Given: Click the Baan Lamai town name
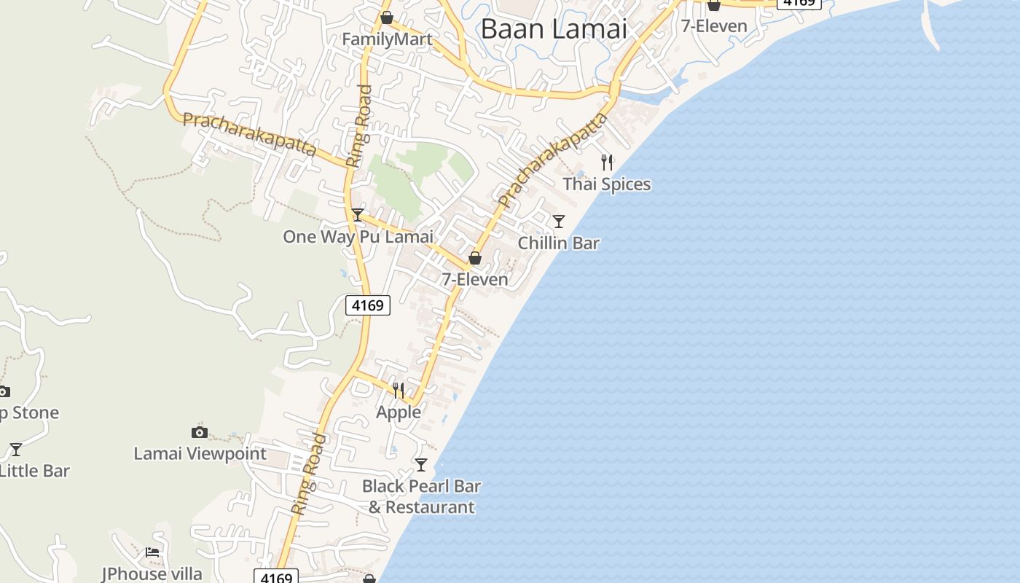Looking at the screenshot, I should coord(554,28).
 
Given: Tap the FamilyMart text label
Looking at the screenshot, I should coord(387,39).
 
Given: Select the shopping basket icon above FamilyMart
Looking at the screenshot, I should coord(387,17).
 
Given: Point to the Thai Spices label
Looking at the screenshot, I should coord(606,184).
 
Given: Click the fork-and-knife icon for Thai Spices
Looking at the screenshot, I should coord(607,162).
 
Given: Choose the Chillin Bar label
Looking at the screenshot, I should coord(558,243).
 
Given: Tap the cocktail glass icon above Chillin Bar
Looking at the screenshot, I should coord(559,221).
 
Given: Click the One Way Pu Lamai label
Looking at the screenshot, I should coord(358,237).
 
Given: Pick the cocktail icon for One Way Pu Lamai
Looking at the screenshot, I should coord(357,214).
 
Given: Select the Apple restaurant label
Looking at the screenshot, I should coord(399,412).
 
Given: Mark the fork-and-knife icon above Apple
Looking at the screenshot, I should coord(399,391).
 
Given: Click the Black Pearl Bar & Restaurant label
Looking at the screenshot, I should coord(422,496).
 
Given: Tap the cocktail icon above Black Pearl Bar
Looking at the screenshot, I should coord(421,464).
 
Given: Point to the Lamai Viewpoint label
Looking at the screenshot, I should coord(200,454).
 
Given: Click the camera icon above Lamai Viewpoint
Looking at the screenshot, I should coord(200,432).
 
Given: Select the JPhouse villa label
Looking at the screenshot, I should coord(152,574).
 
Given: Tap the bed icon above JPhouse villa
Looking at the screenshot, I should coord(152,552).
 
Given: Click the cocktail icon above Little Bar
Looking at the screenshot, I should coord(15,449).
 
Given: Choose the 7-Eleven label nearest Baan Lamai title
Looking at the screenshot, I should coord(714,26).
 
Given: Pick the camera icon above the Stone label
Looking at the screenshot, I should coord(4,391).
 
